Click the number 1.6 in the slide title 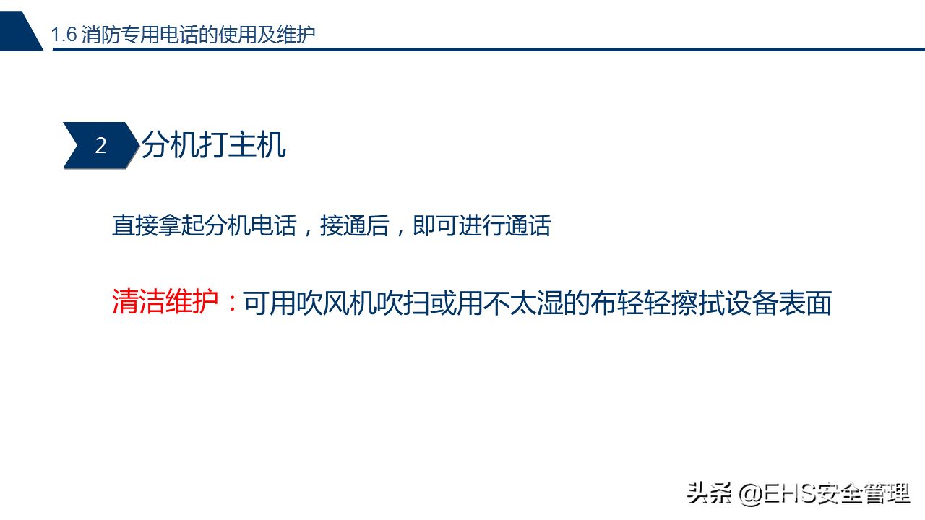64,34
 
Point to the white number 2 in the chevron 100,146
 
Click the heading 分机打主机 213,145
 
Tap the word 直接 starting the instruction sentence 135,225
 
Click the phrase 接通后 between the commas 355,225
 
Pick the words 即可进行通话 482,225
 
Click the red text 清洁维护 165,301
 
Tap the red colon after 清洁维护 233,303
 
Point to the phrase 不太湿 522,303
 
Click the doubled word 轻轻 643,303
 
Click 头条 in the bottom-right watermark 710,493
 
